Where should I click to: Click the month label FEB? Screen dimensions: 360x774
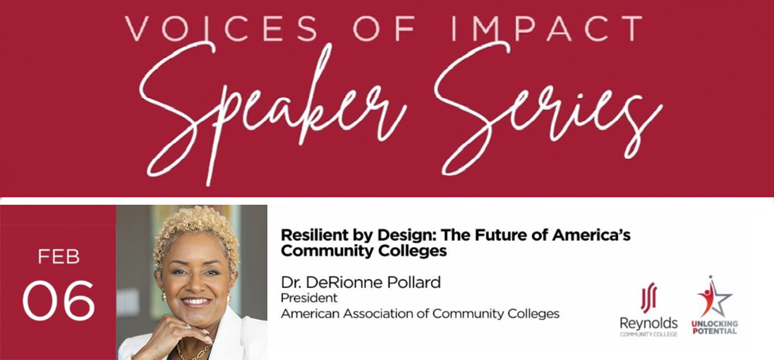coord(59,257)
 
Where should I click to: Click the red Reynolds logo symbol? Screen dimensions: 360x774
coord(648,296)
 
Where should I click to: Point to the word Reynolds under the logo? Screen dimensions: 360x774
coord(648,323)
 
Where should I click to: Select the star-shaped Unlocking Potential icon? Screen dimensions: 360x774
coord(713,297)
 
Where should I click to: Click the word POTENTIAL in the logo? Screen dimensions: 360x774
coord(714,330)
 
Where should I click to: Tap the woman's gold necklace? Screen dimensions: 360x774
coord(191,351)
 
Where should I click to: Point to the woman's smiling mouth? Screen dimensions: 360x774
coord(195,302)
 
